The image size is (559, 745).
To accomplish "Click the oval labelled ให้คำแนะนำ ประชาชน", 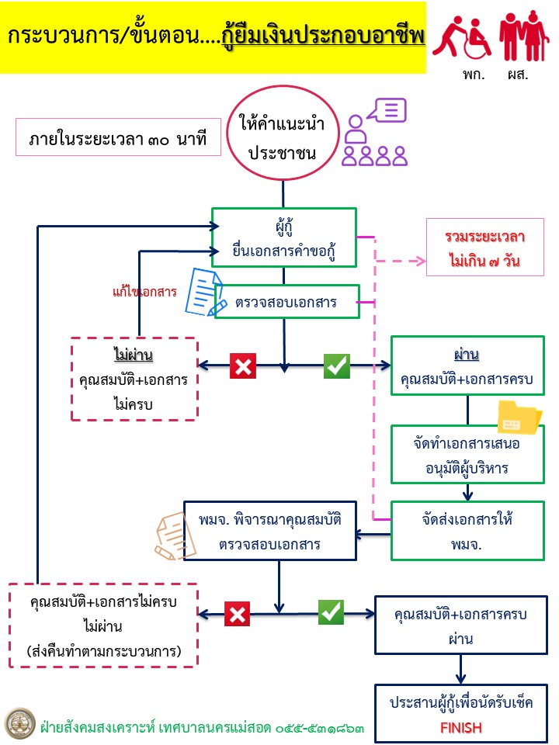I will point(282,137).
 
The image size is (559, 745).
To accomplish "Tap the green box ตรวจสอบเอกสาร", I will point(287,302).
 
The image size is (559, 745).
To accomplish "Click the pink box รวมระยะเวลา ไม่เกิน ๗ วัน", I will point(484,249).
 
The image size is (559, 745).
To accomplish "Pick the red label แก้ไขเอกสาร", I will point(144,292).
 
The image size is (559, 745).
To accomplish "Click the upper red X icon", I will point(243,366).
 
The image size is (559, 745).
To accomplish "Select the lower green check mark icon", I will point(332,612).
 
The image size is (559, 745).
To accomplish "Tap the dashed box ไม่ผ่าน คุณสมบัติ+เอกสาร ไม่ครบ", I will point(134,379).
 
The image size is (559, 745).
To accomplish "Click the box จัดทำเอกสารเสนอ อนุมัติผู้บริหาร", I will point(467,454).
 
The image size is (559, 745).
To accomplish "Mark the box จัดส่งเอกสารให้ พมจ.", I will point(467,531).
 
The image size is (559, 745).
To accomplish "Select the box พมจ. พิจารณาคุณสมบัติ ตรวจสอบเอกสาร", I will point(269,530).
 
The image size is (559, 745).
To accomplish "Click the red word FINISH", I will point(461,728).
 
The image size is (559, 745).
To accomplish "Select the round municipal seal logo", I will point(19,722).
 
